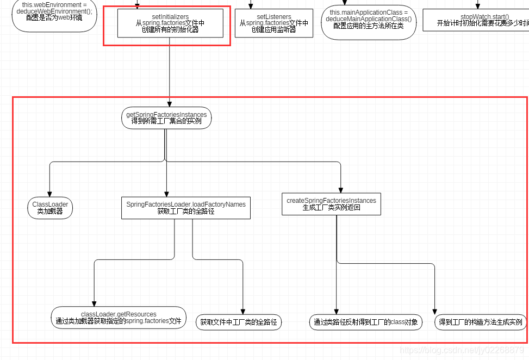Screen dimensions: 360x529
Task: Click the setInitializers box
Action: click(x=170, y=23)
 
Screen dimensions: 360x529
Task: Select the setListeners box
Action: click(x=273, y=23)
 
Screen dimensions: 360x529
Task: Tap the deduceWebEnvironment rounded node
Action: click(x=54, y=14)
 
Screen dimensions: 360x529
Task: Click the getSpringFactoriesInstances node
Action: click(x=166, y=118)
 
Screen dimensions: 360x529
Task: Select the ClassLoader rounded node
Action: click(x=50, y=208)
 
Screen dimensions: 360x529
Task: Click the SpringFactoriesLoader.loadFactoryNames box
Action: click(x=185, y=208)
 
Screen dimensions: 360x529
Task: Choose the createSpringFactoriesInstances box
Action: click(x=331, y=204)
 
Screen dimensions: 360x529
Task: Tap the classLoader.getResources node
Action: click(x=119, y=318)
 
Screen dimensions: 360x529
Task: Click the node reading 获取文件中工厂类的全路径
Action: click(x=238, y=322)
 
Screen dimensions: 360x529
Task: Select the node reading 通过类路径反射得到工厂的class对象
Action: click(x=366, y=322)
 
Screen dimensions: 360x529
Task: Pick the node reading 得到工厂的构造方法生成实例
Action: click(x=480, y=322)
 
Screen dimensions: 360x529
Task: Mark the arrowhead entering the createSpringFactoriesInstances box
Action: click(x=341, y=189)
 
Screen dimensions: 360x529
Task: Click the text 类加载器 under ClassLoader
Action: click(x=50, y=212)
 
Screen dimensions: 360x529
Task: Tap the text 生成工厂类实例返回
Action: click(x=331, y=208)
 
